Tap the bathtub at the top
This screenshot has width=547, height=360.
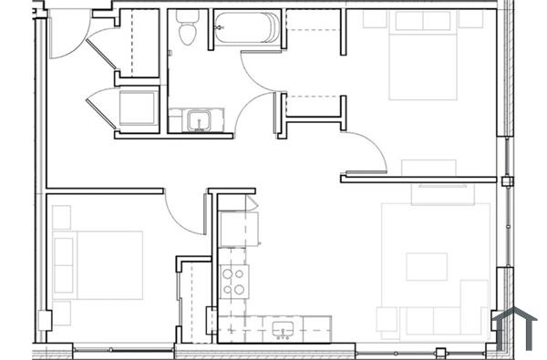(x=246, y=28)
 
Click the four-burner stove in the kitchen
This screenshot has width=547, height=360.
(x=234, y=281)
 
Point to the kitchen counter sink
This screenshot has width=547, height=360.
(x=282, y=326)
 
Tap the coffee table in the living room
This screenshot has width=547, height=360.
(x=427, y=266)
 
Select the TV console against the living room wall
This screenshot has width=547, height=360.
(x=441, y=194)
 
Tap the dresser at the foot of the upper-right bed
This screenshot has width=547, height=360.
(x=428, y=168)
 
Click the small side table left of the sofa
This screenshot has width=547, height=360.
(x=387, y=320)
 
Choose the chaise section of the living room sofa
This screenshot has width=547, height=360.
(x=474, y=305)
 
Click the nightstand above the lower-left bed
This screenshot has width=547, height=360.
(x=61, y=217)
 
